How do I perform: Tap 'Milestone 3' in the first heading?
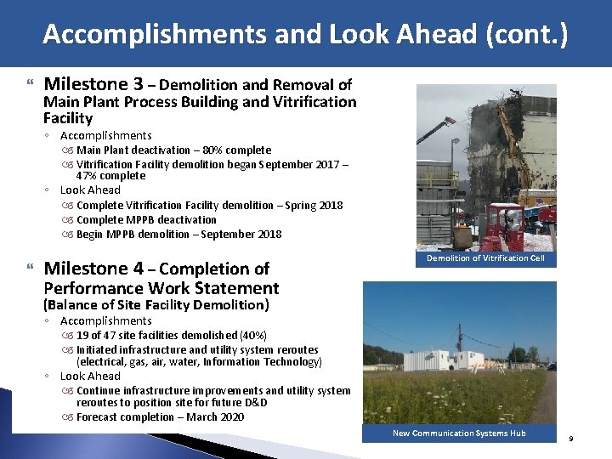coord(93,84)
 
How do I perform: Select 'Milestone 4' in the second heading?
coord(93,269)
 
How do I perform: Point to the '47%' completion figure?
coord(88,176)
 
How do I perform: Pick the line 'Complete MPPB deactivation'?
coord(146,220)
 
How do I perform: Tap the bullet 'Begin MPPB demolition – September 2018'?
coord(178,235)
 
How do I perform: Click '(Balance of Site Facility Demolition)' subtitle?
coord(156,305)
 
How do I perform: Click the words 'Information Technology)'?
coord(265,362)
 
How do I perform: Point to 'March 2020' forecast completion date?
coord(217,417)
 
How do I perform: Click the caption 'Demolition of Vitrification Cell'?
coord(485,258)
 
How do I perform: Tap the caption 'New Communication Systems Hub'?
coord(459,433)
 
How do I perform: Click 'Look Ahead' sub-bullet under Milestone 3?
coord(90,190)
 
